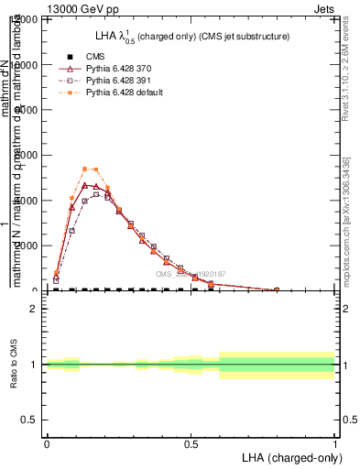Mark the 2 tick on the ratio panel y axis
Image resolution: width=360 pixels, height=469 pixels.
tap(34, 310)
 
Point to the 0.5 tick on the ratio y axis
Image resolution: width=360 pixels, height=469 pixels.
tap(30, 420)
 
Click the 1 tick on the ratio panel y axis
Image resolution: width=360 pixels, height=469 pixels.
tap(34, 365)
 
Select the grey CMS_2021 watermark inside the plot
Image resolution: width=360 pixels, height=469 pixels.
tap(190, 274)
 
